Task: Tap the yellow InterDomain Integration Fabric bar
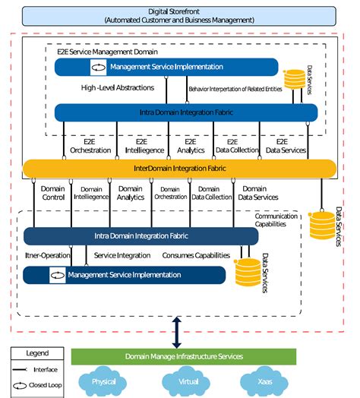click(x=179, y=168)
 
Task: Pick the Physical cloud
click(x=103, y=381)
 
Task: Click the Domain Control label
click(x=52, y=193)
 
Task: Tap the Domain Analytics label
click(x=130, y=193)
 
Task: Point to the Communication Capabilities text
click(x=276, y=220)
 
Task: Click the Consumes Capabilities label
click(x=196, y=255)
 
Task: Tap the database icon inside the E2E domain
click(x=294, y=78)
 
